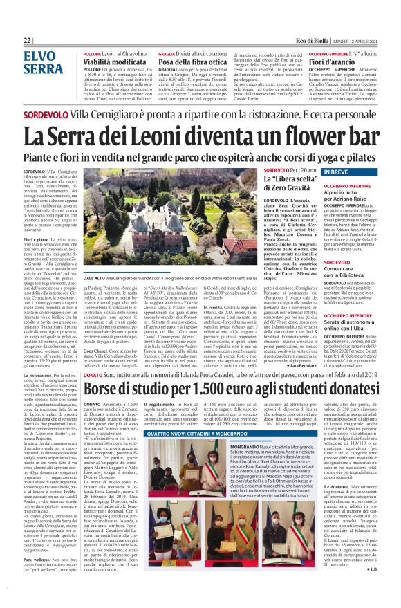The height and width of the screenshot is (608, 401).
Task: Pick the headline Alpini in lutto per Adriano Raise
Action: [x=333, y=194]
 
